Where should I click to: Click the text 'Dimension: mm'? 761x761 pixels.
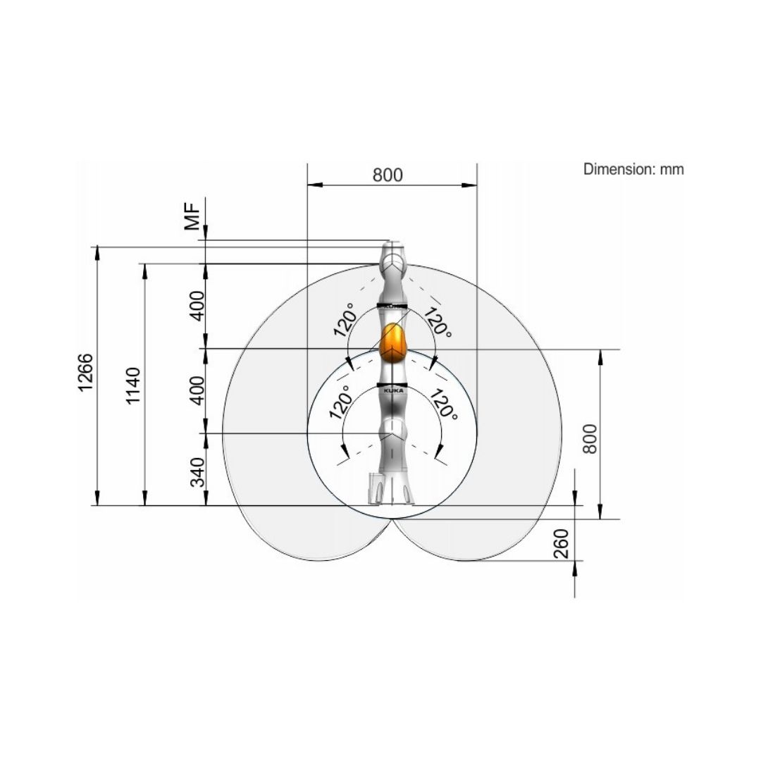pyautogui.click(x=633, y=169)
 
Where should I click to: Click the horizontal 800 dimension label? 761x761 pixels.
pyautogui.click(x=388, y=175)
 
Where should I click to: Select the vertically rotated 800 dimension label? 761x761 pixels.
pyautogui.click(x=590, y=439)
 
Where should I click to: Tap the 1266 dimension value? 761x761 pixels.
pyautogui.click(x=85, y=372)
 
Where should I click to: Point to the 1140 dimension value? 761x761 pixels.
pyautogui.click(x=132, y=386)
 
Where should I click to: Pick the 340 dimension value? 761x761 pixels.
pyautogui.click(x=197, y=471)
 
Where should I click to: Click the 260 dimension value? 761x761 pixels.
pyautogui.click(x=561, y=543)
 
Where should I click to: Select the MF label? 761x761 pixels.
pyautogui.click(x=192, y=216)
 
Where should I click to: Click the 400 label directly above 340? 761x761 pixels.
pyautogui.click(x=197, y=390)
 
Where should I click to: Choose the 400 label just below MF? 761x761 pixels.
pyautogui.click(x=197, y=306)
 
